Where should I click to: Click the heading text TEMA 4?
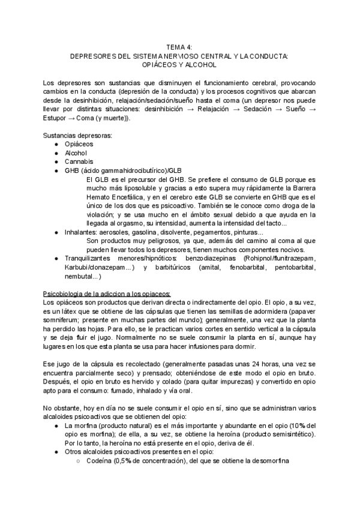(180, 46)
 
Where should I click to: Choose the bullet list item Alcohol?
(76, 152)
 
